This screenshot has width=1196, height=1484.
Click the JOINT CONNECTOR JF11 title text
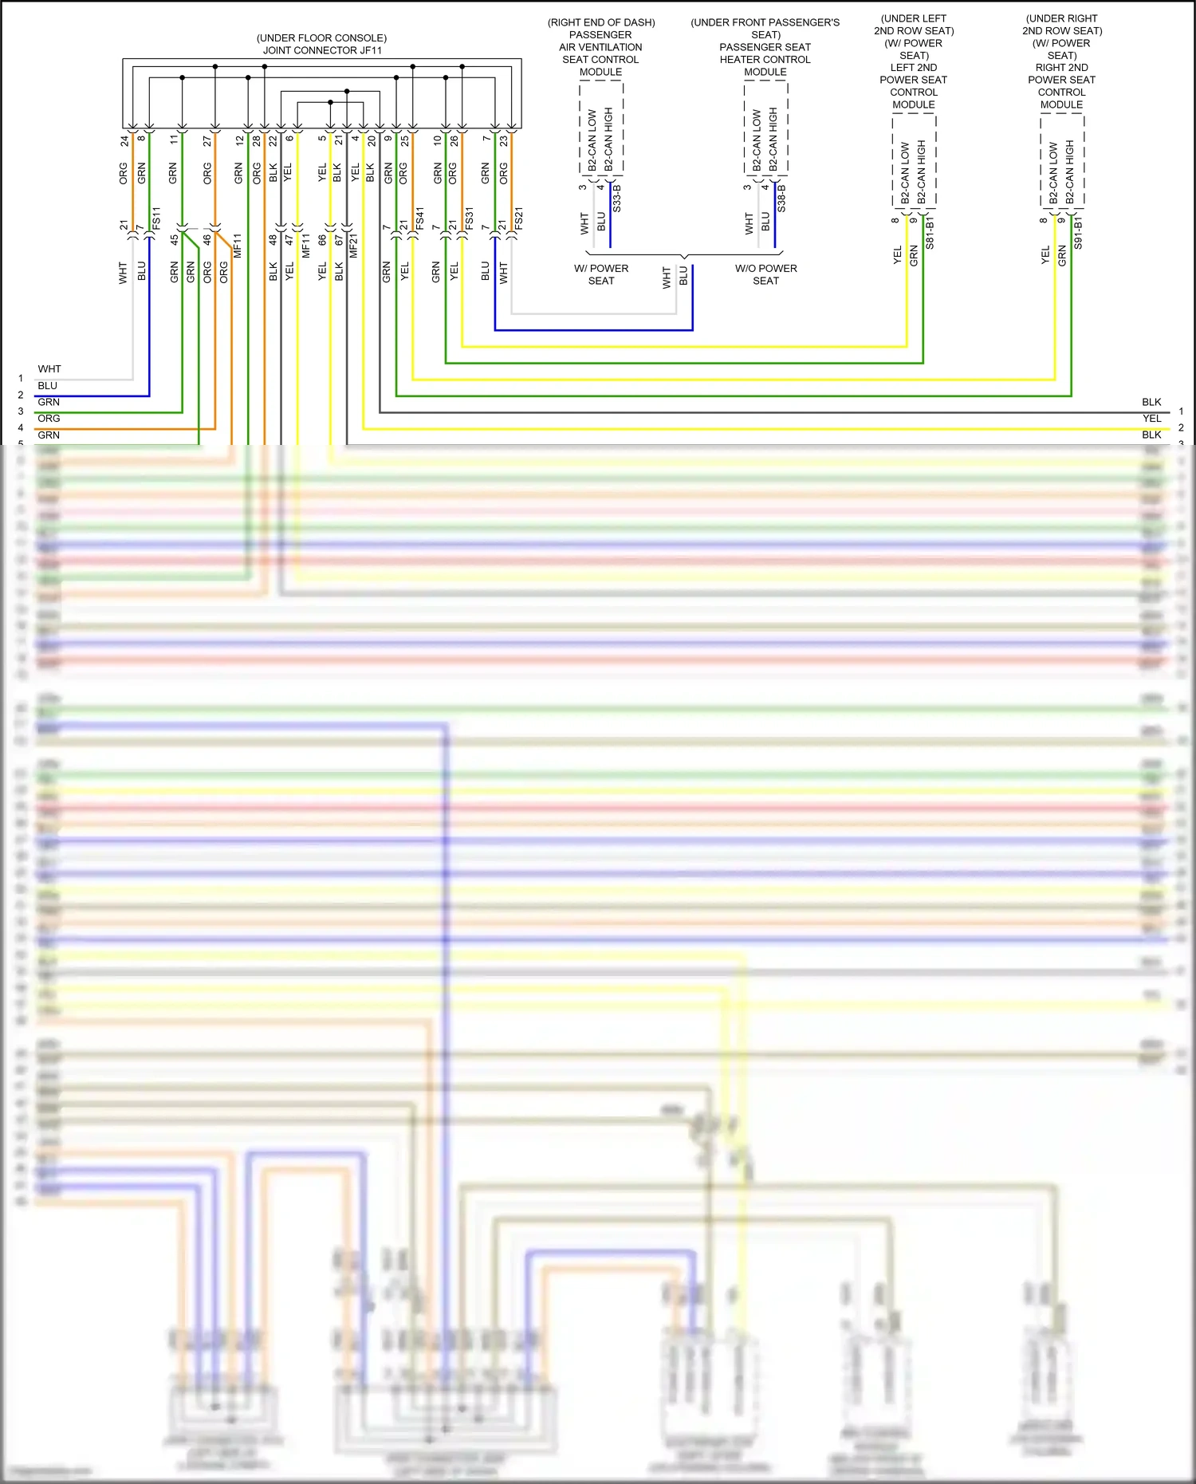[x=322, y=50]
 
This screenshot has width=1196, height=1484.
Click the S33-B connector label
[x=617, y=198]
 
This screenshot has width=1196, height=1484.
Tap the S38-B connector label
[x=782, y=198]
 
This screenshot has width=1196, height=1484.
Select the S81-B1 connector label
[x=930, y=232]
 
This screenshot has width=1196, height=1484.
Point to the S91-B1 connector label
[x=1078, y=232]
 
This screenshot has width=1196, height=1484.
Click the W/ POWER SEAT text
[x=601, y=274]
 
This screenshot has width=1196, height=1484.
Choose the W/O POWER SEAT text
[x=765, y=274]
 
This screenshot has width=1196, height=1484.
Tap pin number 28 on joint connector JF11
[x=257, y=140]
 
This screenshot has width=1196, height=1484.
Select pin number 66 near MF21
[x=322, y=239]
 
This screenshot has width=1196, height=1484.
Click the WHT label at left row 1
[x=49, y=369]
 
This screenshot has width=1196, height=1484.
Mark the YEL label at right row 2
[x=1151, y=419]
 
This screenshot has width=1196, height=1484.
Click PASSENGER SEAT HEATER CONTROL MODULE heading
[x=765, y=59]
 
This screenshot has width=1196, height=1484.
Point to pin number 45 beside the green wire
[x=175, y=238]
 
